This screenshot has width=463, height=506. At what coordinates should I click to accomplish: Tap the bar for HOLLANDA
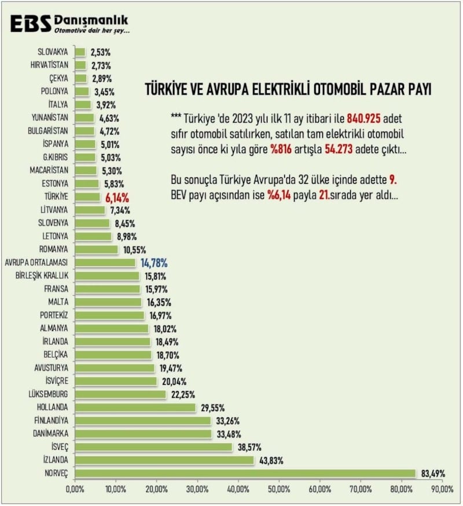tap(135, 407)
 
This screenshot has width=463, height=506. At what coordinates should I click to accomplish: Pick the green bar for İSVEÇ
tap(153, 447)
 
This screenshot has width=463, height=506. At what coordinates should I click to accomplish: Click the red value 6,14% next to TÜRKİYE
tap(117, 196)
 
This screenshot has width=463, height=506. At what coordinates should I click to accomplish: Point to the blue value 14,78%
tap(156, 263)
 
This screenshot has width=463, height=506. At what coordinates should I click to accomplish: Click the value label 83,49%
tap(433, 474)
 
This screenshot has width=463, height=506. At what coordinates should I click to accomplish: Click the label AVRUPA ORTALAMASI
tap(36, 263)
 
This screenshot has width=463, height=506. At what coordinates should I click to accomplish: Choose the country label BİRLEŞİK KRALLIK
tap(42, 275)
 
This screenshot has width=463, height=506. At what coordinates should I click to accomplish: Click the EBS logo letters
tap(30, 24)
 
